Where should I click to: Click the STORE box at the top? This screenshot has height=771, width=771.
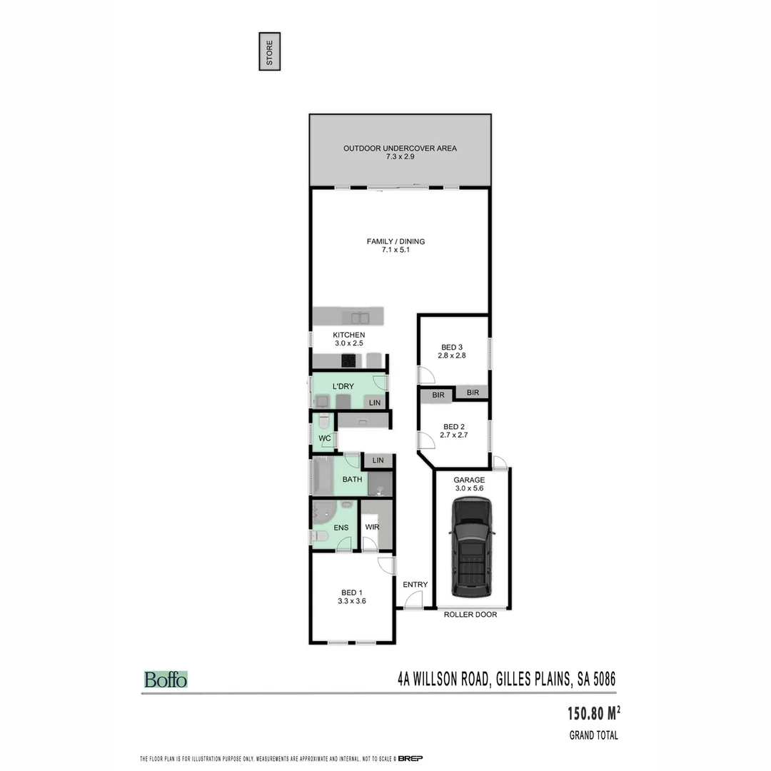[269, 51]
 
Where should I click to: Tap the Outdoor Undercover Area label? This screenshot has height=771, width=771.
[400, 148]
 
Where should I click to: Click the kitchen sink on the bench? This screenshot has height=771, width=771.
[359, 317]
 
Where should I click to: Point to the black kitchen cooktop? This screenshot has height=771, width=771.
[350, 361]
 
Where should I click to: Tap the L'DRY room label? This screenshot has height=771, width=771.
[343, 386]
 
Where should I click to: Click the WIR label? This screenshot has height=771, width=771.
[372, 528]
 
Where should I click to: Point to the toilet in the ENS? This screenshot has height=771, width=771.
[320, 536]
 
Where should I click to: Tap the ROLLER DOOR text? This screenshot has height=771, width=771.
[470, 614]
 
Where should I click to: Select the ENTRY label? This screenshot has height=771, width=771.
[415, 585]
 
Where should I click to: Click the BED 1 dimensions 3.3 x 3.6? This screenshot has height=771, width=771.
[352, 601]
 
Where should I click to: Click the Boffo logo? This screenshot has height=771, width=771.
[166, 680]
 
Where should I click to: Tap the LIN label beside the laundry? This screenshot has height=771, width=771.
[375, 403]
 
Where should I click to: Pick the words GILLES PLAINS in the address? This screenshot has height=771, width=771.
[530, 679]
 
